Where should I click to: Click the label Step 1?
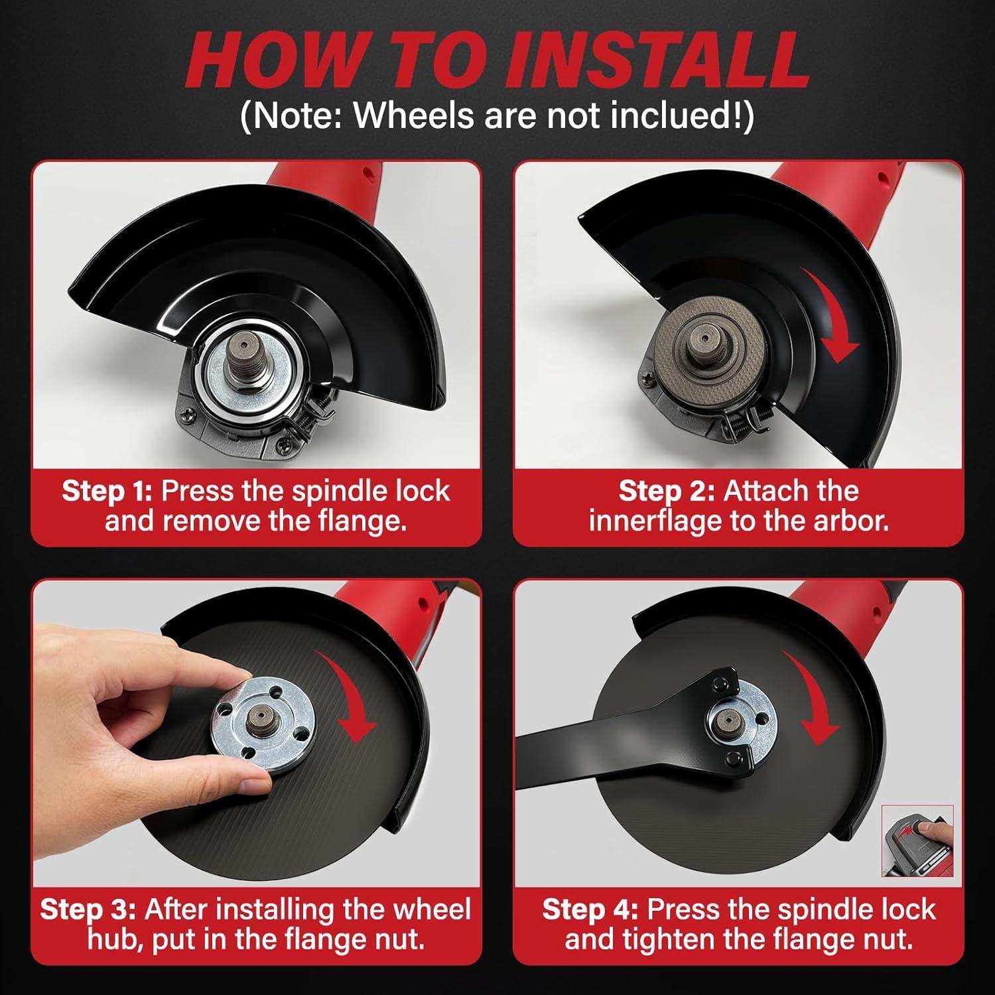click(107, 492)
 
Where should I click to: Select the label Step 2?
click(667, 492)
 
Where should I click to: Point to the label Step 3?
click(88, 909)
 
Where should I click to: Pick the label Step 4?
click(590, 909)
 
